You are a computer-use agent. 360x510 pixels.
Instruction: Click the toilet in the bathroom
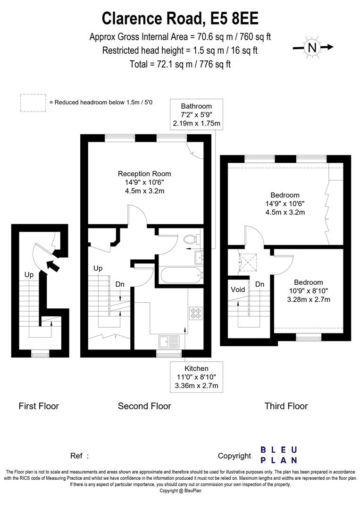191,240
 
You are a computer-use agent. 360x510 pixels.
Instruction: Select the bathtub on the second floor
181,275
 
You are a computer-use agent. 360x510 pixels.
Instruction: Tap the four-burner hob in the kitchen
196,313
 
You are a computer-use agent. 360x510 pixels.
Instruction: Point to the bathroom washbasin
199,258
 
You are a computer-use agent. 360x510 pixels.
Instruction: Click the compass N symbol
312,48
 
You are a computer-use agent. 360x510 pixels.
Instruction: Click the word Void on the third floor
237,289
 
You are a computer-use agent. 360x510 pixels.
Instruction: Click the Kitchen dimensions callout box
196,377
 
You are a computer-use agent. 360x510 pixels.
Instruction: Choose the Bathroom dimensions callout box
196,114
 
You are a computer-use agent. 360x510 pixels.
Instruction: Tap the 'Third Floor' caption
286,406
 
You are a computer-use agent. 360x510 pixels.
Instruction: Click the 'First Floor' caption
39,406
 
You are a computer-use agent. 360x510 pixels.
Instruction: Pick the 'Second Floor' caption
144,406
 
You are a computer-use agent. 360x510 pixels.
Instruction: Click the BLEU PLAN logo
279,455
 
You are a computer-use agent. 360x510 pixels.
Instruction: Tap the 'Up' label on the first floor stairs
29,275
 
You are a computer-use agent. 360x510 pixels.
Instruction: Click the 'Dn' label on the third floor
260,284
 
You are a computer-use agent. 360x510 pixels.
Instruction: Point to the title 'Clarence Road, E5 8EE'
180,18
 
